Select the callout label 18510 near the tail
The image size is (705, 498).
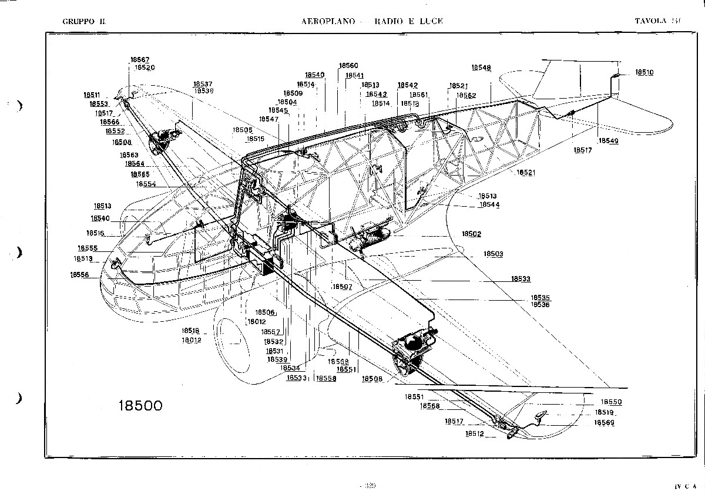point(644,73)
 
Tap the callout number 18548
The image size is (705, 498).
point(481,68)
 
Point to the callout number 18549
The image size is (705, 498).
point(608,141)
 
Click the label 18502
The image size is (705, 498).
point(471,234)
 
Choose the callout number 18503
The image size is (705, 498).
point(493,254)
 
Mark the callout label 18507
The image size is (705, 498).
point(342,287)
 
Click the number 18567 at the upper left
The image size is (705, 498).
point(139,60)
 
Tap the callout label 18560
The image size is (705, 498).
point(348,66)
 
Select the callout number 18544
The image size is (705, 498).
point(489,205)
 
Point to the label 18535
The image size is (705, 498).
point(540,298)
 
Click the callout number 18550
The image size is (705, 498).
point(612,402)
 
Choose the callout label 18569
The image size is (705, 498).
point(605,423)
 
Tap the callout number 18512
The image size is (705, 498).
point(475,434)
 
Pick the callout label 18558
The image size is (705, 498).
point(326,379)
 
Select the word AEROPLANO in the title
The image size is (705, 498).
point(328,21)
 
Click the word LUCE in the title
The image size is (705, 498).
point(431,21)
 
